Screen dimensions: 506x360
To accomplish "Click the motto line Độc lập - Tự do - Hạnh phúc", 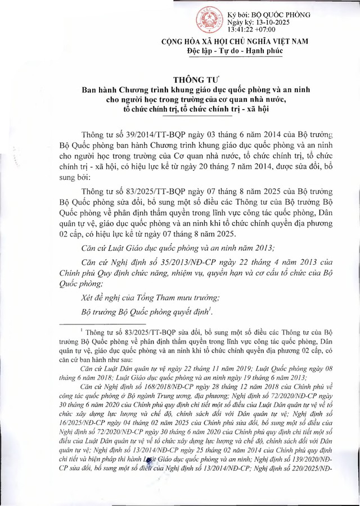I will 235,51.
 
